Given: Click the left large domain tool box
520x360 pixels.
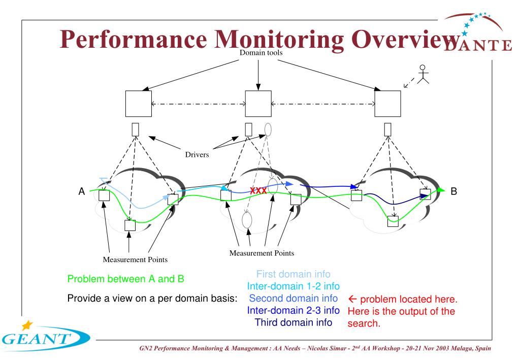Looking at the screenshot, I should [x=138, y=104].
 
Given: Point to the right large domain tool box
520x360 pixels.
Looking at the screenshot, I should [x=387, y=104].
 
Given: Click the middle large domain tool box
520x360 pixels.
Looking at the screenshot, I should [x=258, y=104].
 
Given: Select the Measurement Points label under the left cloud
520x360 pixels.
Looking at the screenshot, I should [x=136, y=259].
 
